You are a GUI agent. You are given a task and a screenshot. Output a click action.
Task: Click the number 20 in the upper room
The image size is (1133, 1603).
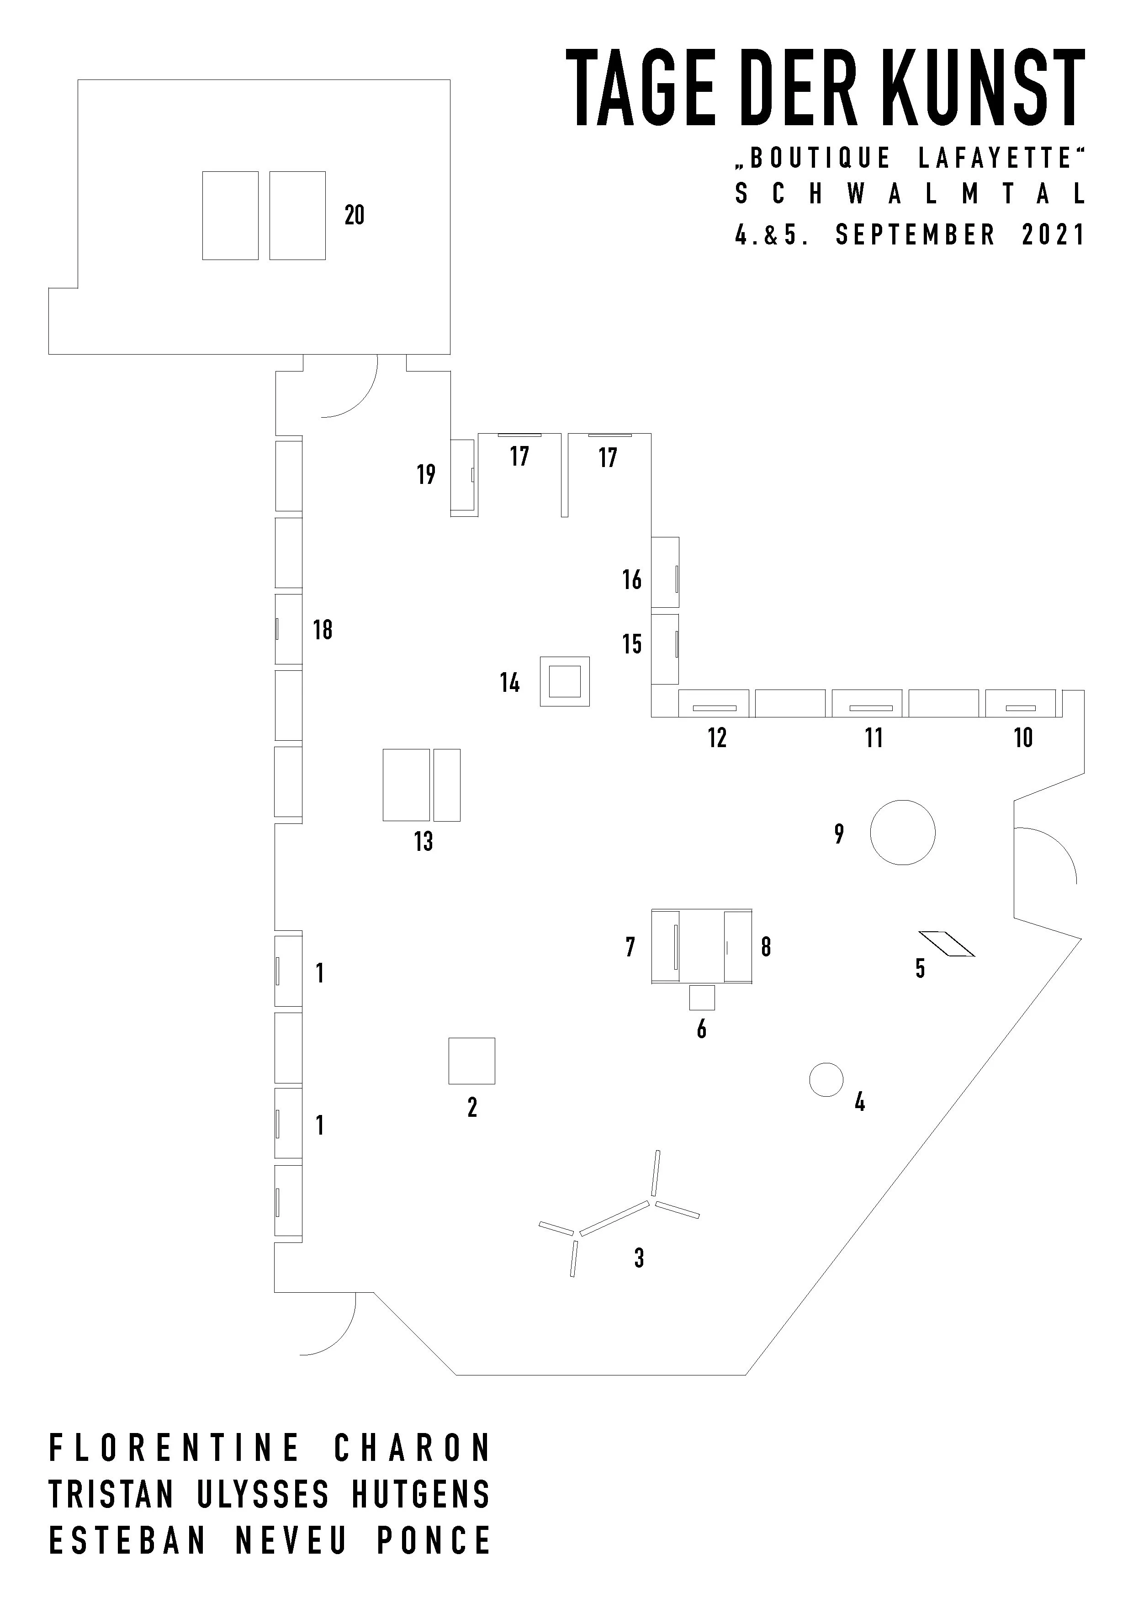(355, 215)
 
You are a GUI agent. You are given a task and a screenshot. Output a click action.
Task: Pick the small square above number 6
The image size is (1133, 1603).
(702, 997)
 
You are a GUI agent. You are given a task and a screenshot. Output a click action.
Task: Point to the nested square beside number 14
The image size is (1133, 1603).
(564, 681)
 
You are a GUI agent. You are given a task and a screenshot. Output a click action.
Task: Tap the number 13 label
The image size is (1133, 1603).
(424, 841)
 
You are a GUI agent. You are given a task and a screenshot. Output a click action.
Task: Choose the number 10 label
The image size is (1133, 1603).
(1023, 738)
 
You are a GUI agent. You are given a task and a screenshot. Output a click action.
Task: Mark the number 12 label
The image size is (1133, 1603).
(717, 738)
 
